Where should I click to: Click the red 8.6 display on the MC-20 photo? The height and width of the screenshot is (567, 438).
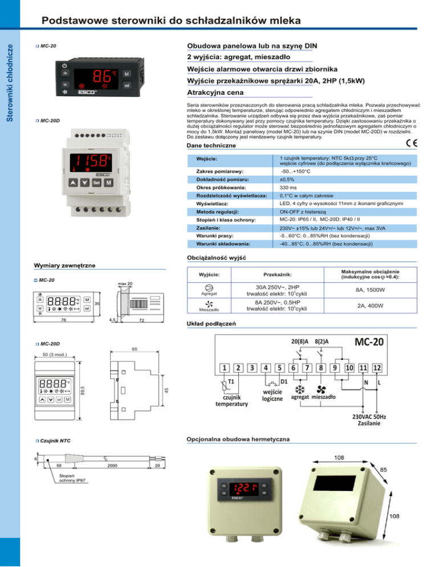click(100, 76)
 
